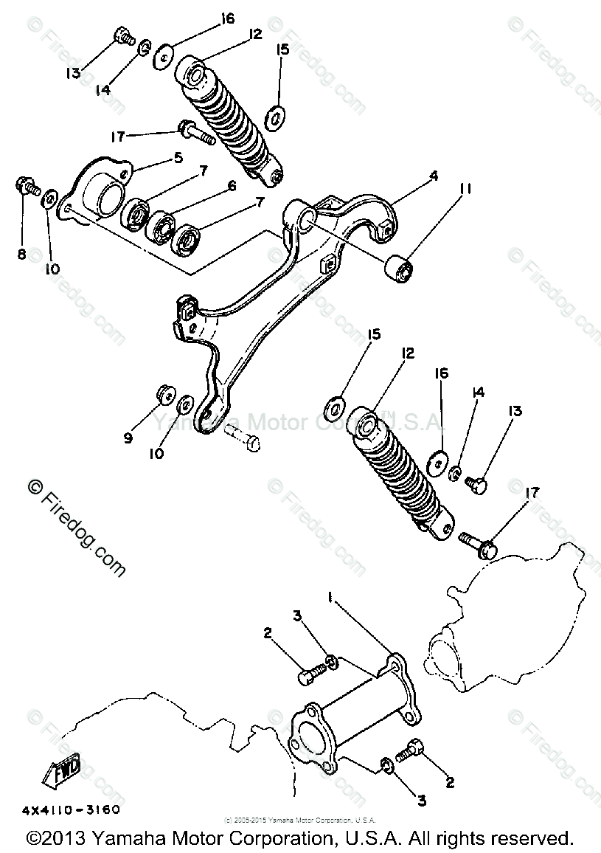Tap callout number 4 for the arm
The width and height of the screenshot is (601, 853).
[434, 176]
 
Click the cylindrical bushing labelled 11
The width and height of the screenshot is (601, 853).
[399, 269]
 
